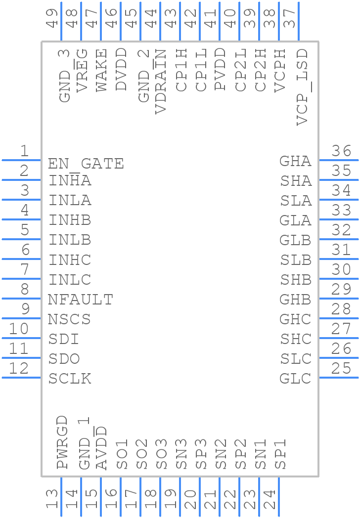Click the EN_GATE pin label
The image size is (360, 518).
click(86, 163)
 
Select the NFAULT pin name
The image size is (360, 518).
click(80, 300)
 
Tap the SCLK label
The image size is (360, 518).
click(70, 379)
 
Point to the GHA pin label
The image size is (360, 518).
click(295, 161)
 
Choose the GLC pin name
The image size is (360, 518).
click(295, 379)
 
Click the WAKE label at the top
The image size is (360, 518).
click(101, 70)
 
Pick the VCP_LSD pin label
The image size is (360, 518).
click(302, 86)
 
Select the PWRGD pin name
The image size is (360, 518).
click(62, 442)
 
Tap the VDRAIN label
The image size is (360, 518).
click(161, 82)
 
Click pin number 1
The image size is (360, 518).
click(24, 151)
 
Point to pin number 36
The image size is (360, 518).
click(341, 151)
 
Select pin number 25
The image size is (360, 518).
click(341, 369)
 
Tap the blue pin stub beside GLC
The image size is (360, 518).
click(338, 378)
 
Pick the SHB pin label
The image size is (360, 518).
click(296, 280)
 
